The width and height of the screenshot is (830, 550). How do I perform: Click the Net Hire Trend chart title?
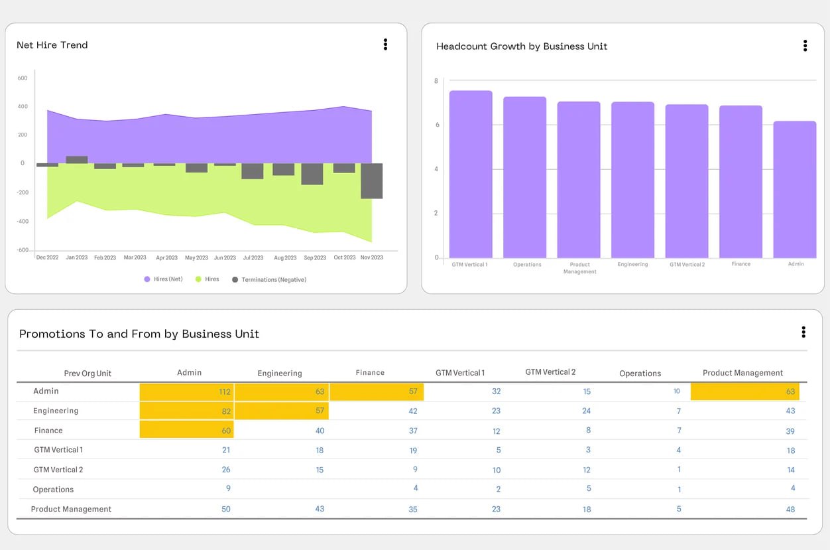(52, 45)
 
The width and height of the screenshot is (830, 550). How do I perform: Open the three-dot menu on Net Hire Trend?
(385, 44)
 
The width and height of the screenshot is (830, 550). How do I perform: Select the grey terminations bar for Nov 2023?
(372, 181)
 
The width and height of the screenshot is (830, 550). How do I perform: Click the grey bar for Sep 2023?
(312, 174)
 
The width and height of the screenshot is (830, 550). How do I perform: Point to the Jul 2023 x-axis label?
(253, 257)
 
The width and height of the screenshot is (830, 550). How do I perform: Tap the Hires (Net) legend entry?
(163, 279)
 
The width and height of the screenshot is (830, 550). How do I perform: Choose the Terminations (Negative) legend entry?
(269, 279)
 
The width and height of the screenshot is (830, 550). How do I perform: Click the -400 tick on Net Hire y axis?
(23, 222)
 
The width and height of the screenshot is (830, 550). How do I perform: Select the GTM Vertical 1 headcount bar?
(471, 174)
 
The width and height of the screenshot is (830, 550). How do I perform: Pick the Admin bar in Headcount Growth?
(794, 189)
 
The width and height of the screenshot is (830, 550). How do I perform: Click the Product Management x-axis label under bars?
(579, 268)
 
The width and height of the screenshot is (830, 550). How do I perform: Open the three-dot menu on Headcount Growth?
(805, 46)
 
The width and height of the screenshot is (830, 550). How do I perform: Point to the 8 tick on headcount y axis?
(436, 81)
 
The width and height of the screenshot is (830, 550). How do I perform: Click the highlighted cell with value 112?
(187, 391)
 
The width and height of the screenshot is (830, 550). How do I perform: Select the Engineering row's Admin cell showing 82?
(187, 411)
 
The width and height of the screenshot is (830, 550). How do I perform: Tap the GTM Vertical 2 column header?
(550, 372)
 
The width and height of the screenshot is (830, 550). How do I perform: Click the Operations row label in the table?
(53, 490)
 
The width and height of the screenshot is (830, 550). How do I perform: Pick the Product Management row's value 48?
(790, 510)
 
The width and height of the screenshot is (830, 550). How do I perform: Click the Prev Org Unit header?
(88, 374)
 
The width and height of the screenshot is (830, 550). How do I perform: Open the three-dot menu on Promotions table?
(803, 332)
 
